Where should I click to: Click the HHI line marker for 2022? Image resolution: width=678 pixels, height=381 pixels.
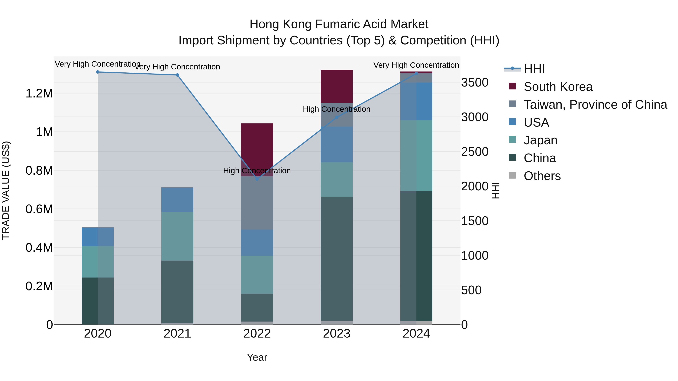click(257, 179)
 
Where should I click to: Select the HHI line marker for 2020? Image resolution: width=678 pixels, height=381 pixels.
click(98, 72)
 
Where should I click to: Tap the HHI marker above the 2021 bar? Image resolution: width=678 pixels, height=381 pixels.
click(177, 75)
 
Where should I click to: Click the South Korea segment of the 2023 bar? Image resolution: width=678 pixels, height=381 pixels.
click(337, 86)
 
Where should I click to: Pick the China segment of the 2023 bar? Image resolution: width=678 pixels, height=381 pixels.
click(337, 259)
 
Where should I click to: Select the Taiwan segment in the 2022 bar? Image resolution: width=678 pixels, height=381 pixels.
click(257, 203)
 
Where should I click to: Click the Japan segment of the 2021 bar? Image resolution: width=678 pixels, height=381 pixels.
click(177, 236)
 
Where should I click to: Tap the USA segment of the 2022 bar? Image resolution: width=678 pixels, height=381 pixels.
click(257, 243)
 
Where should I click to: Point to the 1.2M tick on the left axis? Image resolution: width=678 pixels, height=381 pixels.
click(39, 93)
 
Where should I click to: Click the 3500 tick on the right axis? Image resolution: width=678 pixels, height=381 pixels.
click(475, 82)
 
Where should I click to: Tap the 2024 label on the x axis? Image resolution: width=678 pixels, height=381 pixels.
click(416, 334)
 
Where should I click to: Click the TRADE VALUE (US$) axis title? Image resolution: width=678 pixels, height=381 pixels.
click(6, 190)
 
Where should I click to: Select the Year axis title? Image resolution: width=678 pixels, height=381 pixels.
click(257, 357)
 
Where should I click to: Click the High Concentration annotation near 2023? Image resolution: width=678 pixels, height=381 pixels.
click(336, 109)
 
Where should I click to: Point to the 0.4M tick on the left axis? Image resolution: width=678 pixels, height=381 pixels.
click(39, 248)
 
